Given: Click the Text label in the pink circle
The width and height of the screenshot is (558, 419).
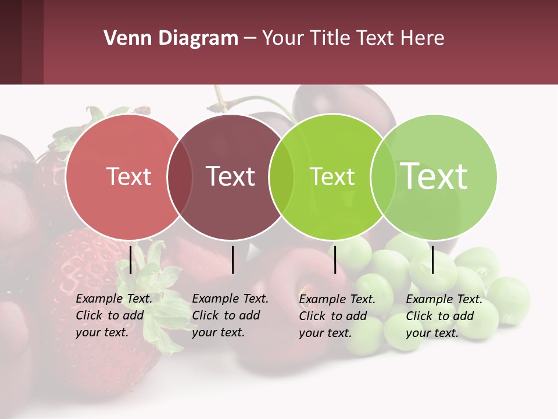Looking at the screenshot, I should pos(129,176).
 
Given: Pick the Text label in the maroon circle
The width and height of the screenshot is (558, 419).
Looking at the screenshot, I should pos(231,176).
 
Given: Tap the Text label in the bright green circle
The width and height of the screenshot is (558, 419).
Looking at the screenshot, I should pos(332,177).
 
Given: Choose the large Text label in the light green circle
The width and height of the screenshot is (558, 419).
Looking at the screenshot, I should pos(434,176).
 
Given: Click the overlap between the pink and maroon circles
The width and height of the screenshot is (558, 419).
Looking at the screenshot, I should pos(180,177).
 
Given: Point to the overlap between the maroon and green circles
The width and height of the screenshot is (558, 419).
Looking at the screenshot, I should pos(281,177).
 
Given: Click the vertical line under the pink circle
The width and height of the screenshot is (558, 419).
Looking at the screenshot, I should pos(131,260).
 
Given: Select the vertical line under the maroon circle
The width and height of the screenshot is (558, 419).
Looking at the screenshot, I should pos(233,260).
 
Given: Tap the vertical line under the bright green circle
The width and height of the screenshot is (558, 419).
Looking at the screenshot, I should pos(335,260).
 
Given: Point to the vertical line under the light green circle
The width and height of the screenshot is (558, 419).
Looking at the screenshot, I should pos(433,260).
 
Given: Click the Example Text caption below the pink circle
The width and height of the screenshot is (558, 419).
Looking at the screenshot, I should pos(114,315).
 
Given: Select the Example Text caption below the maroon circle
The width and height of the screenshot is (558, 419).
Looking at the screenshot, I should pos(230,315).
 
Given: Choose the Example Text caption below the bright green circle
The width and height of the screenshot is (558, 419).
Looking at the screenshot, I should pos(337,316).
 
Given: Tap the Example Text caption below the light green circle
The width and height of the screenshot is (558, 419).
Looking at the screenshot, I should pos(444,316).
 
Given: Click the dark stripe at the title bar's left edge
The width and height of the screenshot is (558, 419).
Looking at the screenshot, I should pos(10,42).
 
